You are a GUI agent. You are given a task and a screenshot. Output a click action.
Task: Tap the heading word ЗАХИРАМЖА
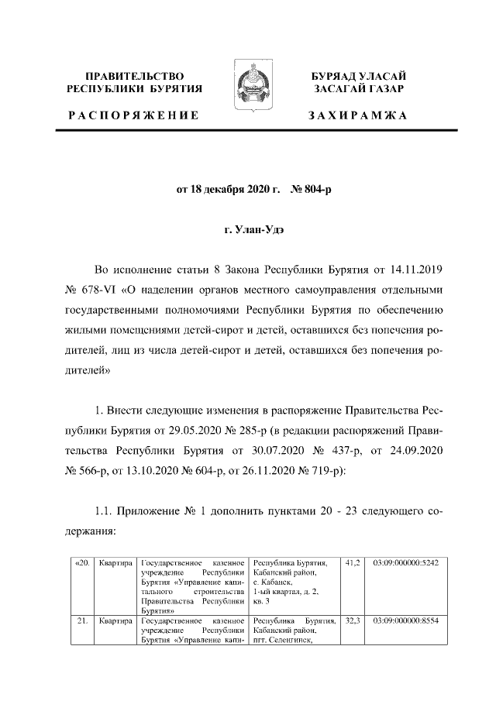click(357, 115)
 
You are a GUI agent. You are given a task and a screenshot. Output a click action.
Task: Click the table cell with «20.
click(82, 562)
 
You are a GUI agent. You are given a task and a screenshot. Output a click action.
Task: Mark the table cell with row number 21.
click(82, 620)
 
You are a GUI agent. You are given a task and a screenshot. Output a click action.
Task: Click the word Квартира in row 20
click(116, 562)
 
